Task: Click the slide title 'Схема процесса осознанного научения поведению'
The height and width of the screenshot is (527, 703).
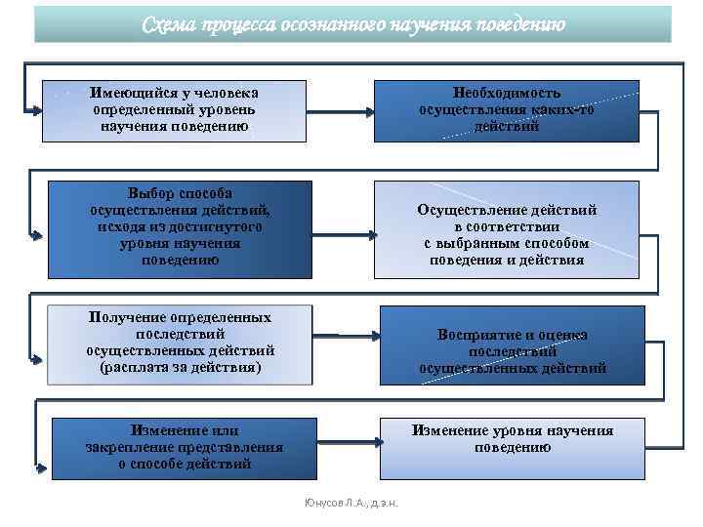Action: (352, 23)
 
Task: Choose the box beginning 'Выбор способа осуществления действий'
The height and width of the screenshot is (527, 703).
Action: (181, 227)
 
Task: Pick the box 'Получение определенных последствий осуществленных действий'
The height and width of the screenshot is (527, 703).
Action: (181, 344)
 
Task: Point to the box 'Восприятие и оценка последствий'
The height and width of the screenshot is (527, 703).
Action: (513, 351)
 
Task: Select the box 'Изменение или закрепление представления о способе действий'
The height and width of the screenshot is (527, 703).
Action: (185, 448)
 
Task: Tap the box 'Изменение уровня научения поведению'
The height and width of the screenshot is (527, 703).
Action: (513, 439)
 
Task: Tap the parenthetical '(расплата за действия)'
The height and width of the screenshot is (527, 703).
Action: (181, 367)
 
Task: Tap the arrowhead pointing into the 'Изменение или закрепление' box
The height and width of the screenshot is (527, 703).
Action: (42, 469)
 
